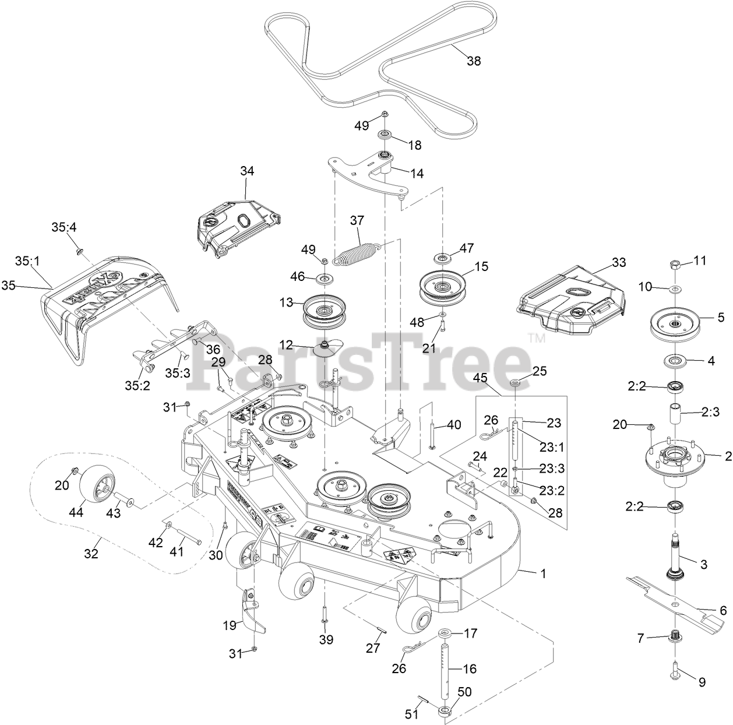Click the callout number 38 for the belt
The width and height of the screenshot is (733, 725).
coord(474,60)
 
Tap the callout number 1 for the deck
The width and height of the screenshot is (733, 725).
coord(543,573)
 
